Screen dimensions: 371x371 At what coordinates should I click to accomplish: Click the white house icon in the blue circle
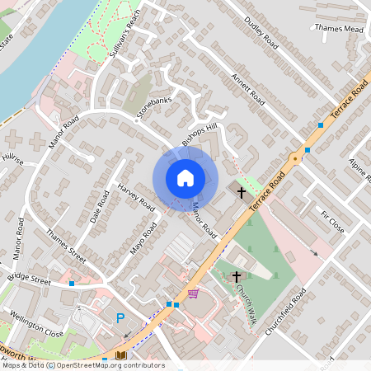(185, 178)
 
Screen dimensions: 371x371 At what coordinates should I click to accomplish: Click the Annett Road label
(247, 89)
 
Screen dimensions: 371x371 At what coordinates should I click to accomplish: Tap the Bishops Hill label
(200, 134)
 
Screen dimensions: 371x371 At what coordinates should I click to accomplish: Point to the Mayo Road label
(143, 238)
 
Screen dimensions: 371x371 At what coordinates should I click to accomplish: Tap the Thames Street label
(66, 245)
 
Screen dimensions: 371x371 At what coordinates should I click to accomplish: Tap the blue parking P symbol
(120, 318)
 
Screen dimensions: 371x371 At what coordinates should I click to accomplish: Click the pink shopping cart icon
(193, 294)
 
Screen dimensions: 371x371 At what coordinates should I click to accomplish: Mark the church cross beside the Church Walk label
(237, 277)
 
